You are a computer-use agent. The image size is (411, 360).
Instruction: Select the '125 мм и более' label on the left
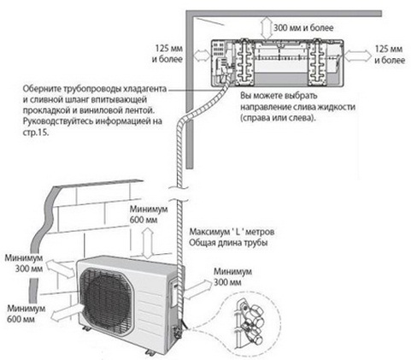[x=161, y=56]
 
